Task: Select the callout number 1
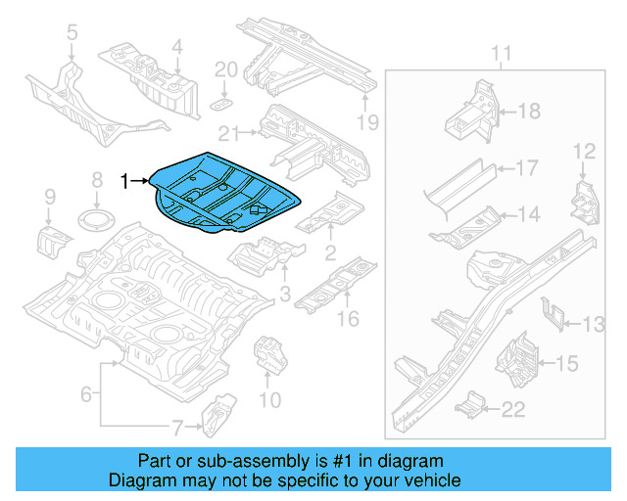point(124,180)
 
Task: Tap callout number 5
point(71,35)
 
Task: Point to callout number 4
point(176,45)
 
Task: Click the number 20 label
point(225,69)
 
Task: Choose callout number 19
point(366,122)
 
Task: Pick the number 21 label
point(229,134)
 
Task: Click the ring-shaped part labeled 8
point(96,217)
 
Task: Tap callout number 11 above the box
point(501,52)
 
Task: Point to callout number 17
point(526,168)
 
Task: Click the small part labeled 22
point(472,401)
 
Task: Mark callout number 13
point(595,324)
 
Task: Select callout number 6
point(85,394)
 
